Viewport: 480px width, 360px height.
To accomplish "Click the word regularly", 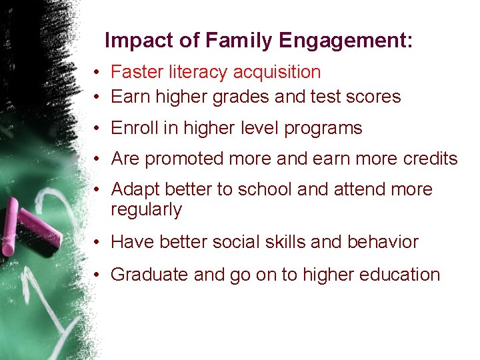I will pyautogui.click(x=146, y=209).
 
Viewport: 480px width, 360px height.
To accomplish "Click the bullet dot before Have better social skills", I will pyautogui.click(x=97, y=243).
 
